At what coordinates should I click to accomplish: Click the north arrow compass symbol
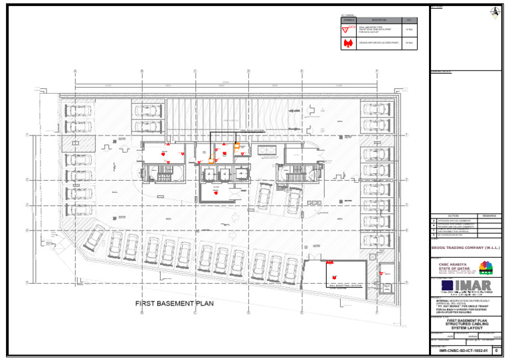point(494,11)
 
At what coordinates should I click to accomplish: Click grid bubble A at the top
point(76,71)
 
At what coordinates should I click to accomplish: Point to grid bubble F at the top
point(377,71)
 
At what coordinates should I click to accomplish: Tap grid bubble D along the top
point(248,71)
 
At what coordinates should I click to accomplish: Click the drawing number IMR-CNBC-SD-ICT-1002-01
point(462,349)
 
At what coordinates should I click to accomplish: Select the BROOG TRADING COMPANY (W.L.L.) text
point(465,248)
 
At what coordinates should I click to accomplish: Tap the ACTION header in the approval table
point(454,216)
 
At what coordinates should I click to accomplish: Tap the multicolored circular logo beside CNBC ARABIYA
point(485,267)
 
